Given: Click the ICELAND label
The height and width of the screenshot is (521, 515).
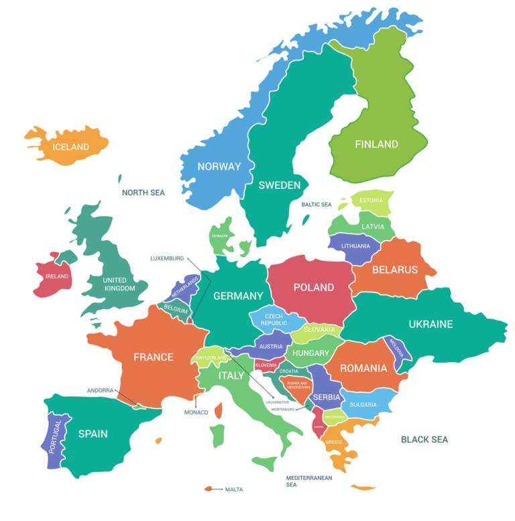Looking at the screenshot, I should (70, 146).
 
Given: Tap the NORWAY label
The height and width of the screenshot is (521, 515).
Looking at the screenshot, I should (219, 166).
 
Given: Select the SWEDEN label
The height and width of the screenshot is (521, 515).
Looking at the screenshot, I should (279, 185).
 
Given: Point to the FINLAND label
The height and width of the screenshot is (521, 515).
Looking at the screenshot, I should (376, 144).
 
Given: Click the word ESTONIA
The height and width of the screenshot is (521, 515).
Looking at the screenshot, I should (371, 200).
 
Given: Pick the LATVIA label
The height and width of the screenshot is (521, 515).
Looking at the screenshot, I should (373, 227).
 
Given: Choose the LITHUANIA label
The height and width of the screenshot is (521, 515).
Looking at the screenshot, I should (355, 246).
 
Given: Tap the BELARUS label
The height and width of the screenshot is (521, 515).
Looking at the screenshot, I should (394, 270).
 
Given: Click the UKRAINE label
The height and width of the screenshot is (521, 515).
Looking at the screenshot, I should (431, 324).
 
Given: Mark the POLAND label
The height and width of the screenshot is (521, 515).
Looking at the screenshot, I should (313, 287).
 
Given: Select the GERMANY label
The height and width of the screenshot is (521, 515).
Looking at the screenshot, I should (238, 296).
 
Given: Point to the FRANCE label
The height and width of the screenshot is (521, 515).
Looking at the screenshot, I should (153, 357).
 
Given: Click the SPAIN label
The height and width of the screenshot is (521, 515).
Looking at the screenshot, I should (93, 434).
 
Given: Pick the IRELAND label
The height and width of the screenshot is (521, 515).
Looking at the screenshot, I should (57, 276).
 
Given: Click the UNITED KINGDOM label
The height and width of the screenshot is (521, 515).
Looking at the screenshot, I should (115, 284).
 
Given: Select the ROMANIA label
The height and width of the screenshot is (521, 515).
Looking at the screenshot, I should (363, 368).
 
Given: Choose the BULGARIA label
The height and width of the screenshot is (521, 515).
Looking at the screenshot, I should (363, 405).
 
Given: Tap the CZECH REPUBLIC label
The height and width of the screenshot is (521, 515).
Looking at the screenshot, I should (274, 319).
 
